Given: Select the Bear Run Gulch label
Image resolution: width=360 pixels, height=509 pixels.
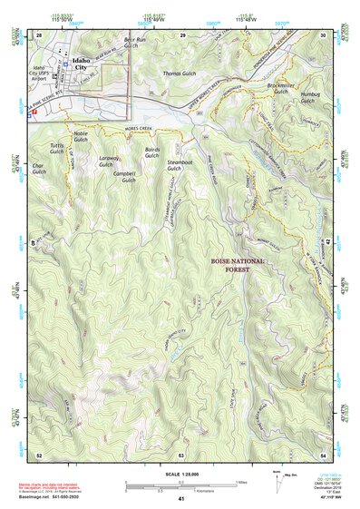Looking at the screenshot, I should click(134, 44).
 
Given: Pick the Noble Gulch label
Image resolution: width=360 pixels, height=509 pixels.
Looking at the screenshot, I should click(81, 136).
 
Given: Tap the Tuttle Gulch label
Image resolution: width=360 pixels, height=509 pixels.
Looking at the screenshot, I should click(58, 149).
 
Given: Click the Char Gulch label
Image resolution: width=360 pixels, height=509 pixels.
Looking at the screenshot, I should click(38, 170).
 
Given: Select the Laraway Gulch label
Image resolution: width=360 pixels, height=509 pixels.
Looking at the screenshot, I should click(111, 162).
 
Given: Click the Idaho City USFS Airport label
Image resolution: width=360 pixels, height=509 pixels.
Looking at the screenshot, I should click(44, 74).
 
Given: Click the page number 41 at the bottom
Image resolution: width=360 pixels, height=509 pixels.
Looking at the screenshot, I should click(181, 499).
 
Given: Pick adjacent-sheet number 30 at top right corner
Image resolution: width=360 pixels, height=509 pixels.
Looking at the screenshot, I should click(323, 34).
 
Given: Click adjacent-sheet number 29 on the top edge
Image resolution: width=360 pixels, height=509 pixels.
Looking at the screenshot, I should click(182, 34).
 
